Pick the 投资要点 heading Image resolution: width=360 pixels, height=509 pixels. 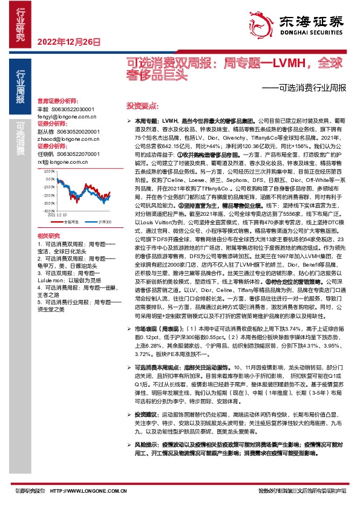pyautogui.click(x=140, y=105)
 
